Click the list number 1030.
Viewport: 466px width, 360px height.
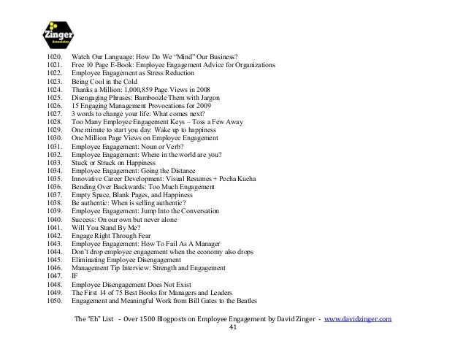(x=54, y=137)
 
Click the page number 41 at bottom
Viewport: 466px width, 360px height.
(x=233, y=328)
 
